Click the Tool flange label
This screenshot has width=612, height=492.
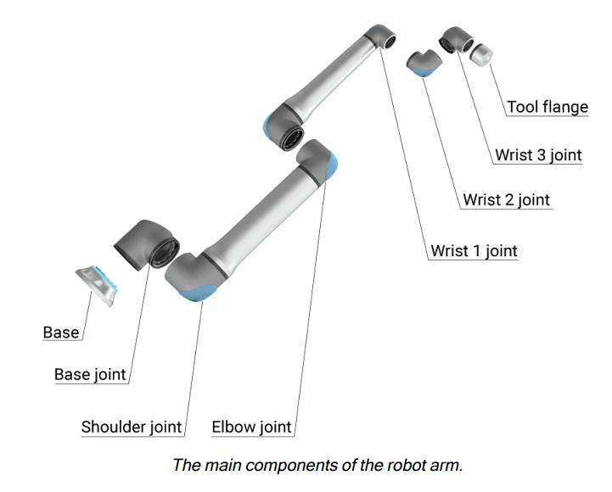point(547,108)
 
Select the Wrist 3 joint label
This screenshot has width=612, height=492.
point(538,155)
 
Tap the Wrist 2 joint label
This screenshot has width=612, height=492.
point(506,201)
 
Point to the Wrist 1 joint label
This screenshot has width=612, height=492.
point(474,251)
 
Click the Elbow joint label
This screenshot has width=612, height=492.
point(251,427)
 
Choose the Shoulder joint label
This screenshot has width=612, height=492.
point(132,427)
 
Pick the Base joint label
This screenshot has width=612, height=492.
point(90,375)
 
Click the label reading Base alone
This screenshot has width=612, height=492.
point(61,333)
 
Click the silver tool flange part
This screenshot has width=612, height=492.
point(481,55)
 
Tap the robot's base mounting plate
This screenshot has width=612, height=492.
point(96,284)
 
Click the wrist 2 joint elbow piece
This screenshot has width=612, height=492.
point(422,63)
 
